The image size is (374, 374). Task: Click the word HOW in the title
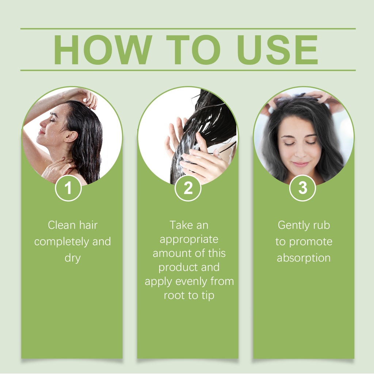[x=103, y=50]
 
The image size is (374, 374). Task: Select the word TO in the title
[x=193, y=50]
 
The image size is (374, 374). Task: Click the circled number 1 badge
[x=68, y=188]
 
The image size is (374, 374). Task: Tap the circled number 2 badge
[x=188, y=188]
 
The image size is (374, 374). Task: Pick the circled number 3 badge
[x=302, y=188]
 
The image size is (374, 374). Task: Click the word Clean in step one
[x=61, y=225]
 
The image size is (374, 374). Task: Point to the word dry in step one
[x=73, y=259]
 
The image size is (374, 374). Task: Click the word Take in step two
[x=181, y=225]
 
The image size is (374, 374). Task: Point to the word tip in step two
[x=208, y=296]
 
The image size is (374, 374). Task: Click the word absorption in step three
[x=304, y=259]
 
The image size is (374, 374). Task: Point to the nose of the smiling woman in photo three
[x=301, y=152]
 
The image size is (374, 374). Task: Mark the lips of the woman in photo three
[x=301, y=164]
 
